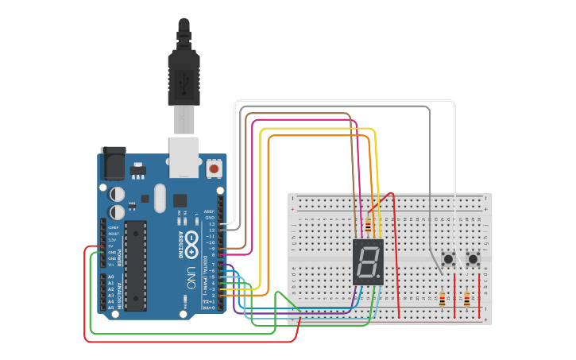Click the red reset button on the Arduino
pyautogui.click(x=214, y=168)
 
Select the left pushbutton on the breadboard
pyautogui.click(x=448, y=259)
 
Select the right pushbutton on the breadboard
pyautogui.click(x=474, y=259)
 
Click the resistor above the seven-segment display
pyautogui.click(x=368, y=225)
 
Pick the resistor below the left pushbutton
pyautogui.click(x=443, y=299)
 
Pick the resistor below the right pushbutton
pyautogui.click(x=466, y=299)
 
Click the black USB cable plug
pyautogui.click(x=184, y=75)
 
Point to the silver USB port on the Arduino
pyautogui.click(x=184, y=156)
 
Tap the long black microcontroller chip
pyautogui.click(x=135, y=265)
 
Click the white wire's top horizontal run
pyautogui.click(x=342, y=101)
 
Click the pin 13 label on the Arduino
pyautogui.click(x=211, y=224)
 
